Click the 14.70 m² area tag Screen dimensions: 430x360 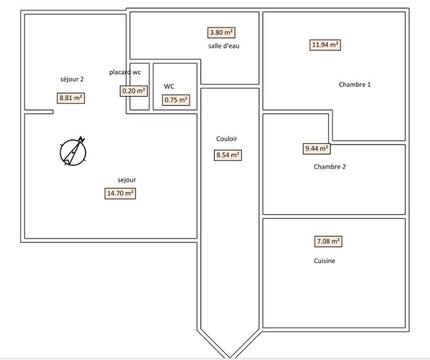coord(120,194)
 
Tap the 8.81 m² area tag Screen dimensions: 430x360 coord(71,98)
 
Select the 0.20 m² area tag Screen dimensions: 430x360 coord(133,91)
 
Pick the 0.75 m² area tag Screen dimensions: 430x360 coord(176,100)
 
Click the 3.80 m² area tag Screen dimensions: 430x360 coord(221,33)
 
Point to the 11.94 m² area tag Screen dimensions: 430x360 coord(325,45)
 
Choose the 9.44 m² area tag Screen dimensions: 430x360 coord(317,149)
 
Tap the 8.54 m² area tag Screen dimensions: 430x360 coord(228,155)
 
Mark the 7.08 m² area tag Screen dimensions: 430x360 coord(328,242)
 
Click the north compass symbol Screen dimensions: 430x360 coord(73,152)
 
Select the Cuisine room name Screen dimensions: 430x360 coord(324,261)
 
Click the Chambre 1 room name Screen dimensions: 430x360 coord(355,85)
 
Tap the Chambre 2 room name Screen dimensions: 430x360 coord(329,167)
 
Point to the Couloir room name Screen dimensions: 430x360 coord(226,139)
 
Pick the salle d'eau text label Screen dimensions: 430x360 coord(224,46)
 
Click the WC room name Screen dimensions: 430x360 coord(169,86)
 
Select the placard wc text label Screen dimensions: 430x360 coord(125,72)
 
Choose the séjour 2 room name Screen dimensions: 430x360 coord(72,79)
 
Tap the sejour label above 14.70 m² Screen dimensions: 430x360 coord(127,180)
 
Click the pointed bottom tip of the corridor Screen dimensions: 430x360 coord(230,357)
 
